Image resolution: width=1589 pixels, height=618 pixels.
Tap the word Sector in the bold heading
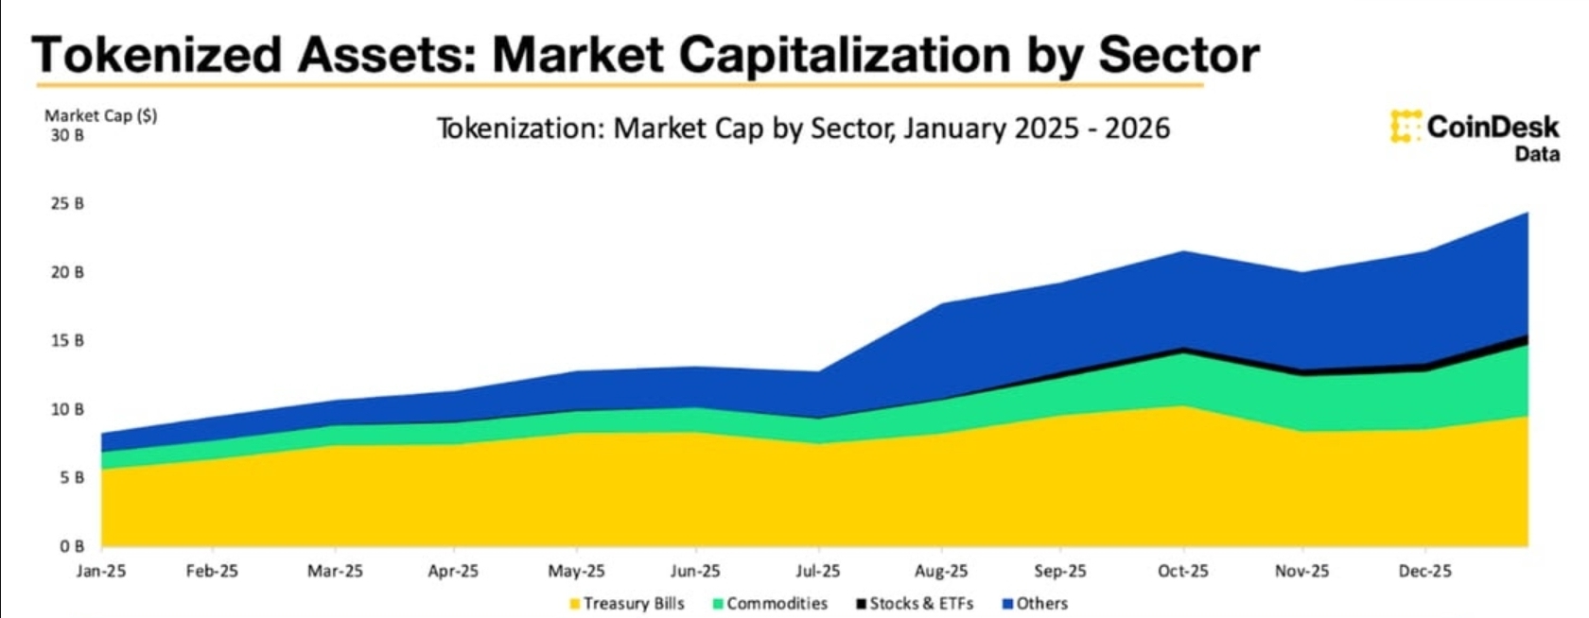tap(1179, 55)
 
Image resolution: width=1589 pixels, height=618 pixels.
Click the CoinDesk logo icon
tap(1406, 127)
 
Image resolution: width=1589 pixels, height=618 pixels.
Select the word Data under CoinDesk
tap(1537, 154)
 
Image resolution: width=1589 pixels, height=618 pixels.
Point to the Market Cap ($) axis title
tap(101, 115)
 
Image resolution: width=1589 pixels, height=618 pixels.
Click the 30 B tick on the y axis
tap(67, 135)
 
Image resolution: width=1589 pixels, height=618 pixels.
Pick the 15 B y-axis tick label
tap(67, 340)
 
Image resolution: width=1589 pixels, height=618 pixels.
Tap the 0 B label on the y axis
tap(72, 546)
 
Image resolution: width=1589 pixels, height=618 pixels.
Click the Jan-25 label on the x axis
tap(101, 571)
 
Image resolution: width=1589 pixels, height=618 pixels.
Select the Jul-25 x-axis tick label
tap(817, 571)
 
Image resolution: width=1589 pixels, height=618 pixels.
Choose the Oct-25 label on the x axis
tap(1183, 571)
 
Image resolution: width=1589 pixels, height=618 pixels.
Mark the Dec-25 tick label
tap(1424, 571)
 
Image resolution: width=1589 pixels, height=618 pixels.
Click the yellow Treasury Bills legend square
tap(574, 604)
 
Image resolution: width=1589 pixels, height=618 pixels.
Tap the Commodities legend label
tap(777, 604)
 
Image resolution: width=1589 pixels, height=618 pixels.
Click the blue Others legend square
tap(1007, 604)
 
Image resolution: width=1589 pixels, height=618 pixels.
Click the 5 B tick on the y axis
tap(72, 477)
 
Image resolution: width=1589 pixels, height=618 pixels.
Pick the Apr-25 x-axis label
tap(453, 571)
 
